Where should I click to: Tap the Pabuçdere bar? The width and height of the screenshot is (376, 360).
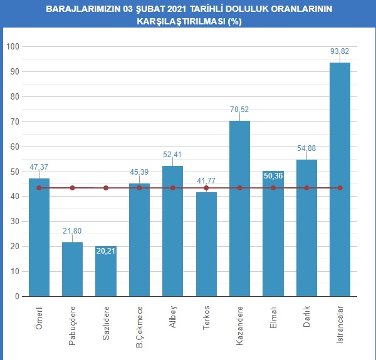pyautogui.click(x=73, y=269)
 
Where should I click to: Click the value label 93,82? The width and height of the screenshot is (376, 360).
pyautogui.click(x=340, y=51)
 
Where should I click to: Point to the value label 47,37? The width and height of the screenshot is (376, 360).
pyautogui.click(x=39, y=168)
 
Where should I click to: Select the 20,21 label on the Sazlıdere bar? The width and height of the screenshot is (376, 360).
pyautogui.click(x=106, y=251)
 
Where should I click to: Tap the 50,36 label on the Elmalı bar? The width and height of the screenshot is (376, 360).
pyautogui.click(x=273, y=176)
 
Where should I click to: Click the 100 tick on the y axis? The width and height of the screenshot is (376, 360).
pyautogui.click(x=13, y=47)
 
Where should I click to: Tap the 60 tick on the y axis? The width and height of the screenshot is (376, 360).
pyautogui.click(x=14, y=147)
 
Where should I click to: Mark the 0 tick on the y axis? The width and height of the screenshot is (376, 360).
pyautogui.click(x=17, y=297)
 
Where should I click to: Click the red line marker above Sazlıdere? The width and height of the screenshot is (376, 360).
pyautogui.click(x=106, y=188)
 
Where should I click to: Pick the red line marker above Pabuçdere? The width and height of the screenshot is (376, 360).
pyautogui.click(x=73, y=188)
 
